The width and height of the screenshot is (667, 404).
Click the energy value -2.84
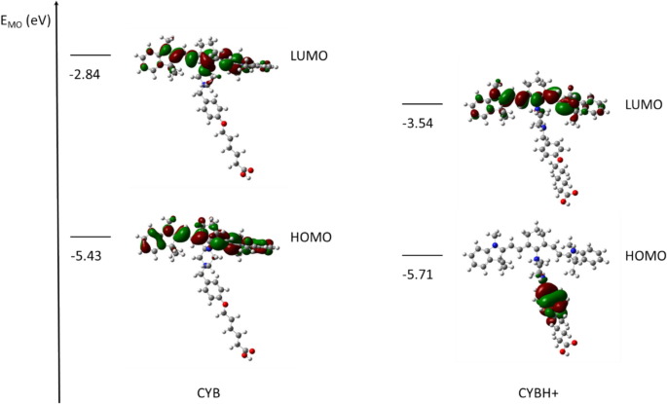tap(86, 73)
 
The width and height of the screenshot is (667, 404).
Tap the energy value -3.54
tap(419, 124)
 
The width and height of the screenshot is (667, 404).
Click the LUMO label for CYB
tap(309, 56)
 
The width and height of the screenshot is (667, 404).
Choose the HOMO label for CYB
tap(310, 238)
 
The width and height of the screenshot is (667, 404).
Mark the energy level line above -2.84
tap(91, 55)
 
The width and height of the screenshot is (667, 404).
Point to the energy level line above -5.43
tap(91, 237)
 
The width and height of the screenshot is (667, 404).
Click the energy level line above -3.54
tap(423, 104)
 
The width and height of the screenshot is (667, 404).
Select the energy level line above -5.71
tap(423, 255)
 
